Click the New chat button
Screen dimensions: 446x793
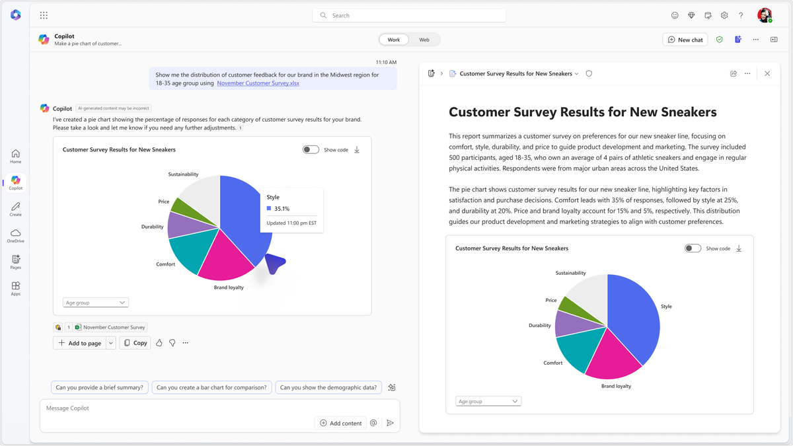click(685, 40)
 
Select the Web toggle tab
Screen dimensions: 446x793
click(424, 40)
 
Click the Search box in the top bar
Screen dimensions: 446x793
click(410, 15)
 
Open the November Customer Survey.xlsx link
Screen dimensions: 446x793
click(258, 83)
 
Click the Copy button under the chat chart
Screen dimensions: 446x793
click(135, 343)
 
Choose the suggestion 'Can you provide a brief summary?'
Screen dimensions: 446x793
click(99, 388)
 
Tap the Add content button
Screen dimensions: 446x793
click(340, 423)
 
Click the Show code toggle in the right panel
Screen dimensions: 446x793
click(693, 248)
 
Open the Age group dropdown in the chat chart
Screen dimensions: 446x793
click(95, 303)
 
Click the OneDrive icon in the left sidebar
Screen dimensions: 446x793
click(16, 235)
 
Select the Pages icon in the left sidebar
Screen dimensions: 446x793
click(16, 262)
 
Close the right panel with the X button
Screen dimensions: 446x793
click(767, 73)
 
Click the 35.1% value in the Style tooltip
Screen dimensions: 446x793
click(282, 209)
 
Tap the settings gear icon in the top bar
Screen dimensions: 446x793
click(724, 15)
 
